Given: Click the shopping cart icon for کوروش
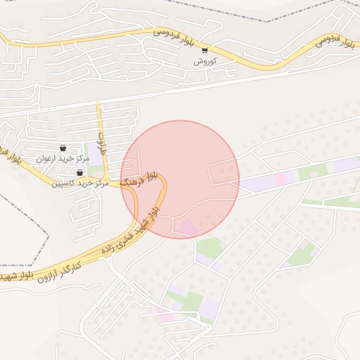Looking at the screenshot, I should pos(205,50).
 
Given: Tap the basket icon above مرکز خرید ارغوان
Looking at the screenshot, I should pos(63,148).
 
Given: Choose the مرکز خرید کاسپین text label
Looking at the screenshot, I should pos(79,184).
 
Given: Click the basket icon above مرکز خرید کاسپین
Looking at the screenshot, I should pos(79,173).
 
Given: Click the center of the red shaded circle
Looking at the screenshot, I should pos(180,179).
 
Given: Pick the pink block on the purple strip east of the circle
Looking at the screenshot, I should pos(281,179).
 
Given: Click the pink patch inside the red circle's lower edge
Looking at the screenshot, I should pos(186,228).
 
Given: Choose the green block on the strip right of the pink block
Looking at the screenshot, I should pos(308,172).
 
